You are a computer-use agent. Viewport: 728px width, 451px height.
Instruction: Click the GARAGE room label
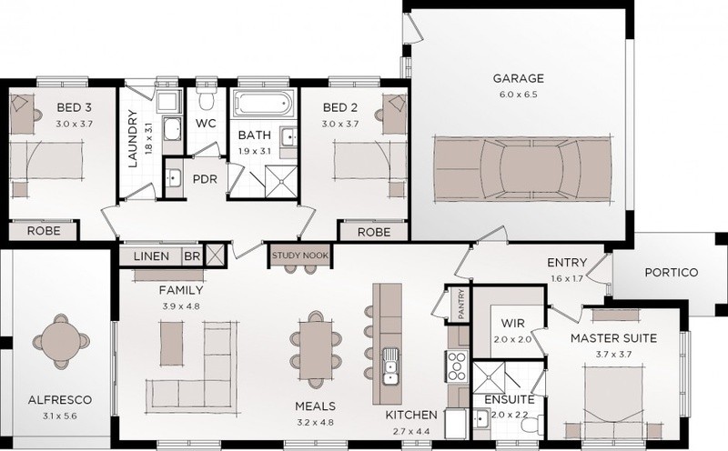click(518, 78)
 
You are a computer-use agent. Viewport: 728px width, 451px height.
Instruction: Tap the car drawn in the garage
click(522, 169)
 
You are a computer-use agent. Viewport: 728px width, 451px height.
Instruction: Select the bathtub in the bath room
click(263, 103)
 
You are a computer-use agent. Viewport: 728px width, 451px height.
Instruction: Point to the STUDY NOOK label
click(300, 256)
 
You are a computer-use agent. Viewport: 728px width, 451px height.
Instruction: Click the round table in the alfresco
click(61, 342)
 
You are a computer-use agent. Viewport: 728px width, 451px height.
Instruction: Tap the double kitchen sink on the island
click(390, 366)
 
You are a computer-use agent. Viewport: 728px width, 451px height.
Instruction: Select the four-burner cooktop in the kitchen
click(458, 366)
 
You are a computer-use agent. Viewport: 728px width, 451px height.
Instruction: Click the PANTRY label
click(461, 305)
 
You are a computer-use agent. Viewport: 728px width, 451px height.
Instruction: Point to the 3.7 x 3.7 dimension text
click(613, 355)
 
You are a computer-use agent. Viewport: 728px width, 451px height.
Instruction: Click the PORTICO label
click(671, 273)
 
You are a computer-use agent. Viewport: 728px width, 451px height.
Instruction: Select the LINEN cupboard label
click(151, 256)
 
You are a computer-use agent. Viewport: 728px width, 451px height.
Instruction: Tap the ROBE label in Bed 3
click(44, 231)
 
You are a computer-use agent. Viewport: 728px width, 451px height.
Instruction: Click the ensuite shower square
click(489, 377)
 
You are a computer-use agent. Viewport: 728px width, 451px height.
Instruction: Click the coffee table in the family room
click(171, 344)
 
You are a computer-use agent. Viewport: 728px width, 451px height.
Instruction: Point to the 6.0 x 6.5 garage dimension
click(518, 95)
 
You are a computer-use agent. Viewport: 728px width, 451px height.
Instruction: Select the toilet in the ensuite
click(531, 425)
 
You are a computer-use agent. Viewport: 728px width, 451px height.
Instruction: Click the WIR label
click(512, 323)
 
